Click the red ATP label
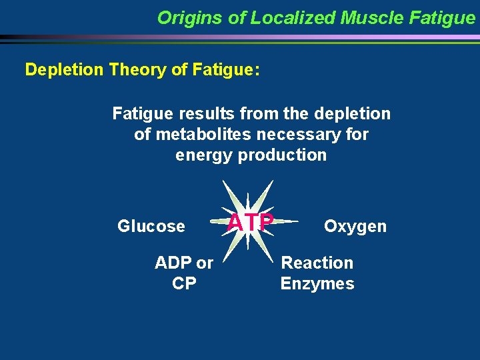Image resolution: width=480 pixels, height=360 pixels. click(x=250, y=222)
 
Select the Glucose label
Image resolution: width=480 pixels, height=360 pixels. click(x=151, y=226)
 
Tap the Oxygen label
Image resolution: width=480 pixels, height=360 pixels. click(x=355, y=226)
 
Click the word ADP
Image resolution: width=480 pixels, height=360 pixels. click(x=175, y=263)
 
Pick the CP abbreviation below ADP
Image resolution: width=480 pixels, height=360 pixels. click(x=184, y=283)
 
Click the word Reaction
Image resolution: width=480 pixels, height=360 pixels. click(x=317, y=263)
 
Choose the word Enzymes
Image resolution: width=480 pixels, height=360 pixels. click(x=317, y=283)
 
